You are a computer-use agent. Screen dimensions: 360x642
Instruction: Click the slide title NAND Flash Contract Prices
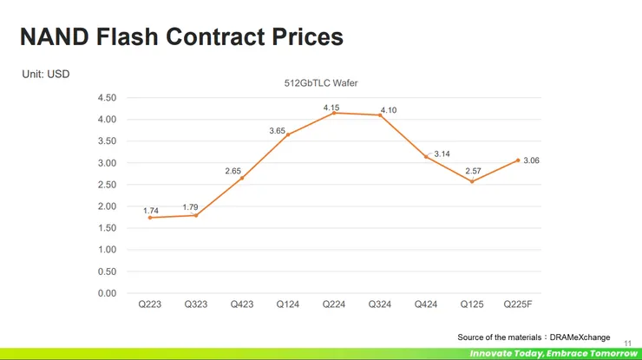click(181, 37)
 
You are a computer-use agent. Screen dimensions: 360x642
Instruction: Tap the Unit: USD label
click(46, 75)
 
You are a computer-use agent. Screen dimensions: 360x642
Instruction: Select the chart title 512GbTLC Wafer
click(321, 83)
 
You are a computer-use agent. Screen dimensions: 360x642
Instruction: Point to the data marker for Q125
click(472, 181)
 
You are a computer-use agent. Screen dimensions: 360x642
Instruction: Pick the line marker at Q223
click(150, 218)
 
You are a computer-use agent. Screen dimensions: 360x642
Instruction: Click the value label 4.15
click(331, 108)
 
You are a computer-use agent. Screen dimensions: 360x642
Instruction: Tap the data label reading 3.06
click(532, 160)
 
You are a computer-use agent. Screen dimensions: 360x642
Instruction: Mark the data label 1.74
click(150, 211)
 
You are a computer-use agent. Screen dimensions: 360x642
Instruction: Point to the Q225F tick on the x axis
click(519, 304)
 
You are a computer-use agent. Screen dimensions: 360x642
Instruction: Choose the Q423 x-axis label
click(242, 304)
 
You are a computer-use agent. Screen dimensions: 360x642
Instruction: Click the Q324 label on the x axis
click(379, 304)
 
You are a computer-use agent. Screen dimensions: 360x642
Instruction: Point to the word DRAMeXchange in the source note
click(580, 337)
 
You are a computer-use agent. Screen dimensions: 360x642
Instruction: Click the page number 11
click(628, 342)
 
